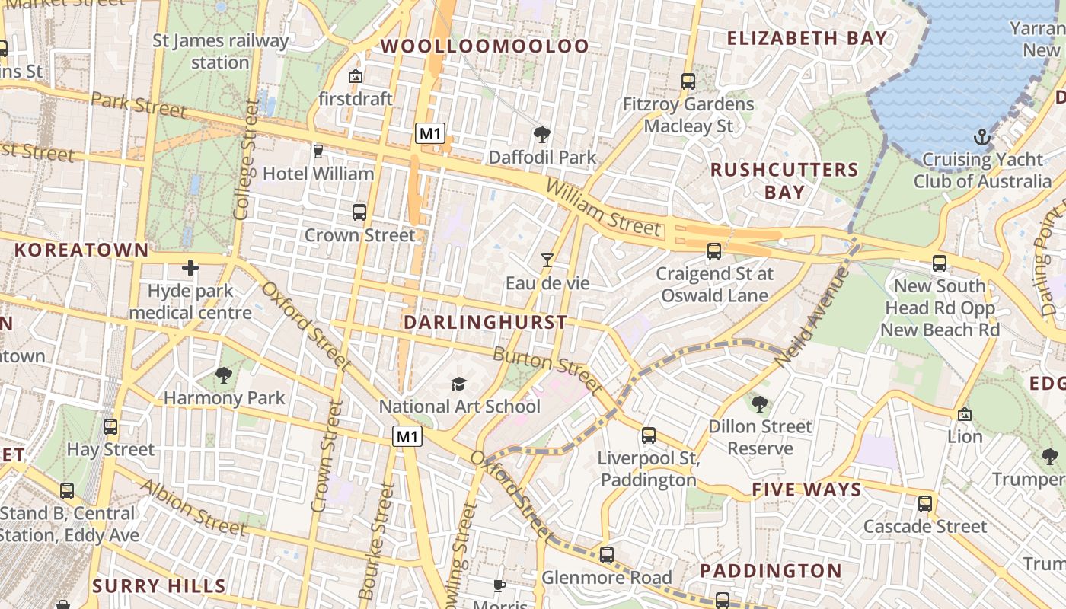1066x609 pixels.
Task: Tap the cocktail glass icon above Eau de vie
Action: (547, 260)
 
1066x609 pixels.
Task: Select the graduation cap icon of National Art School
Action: (458, 384)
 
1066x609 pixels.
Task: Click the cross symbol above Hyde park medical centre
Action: (190, 268)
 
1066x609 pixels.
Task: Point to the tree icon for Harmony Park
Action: (224, 375)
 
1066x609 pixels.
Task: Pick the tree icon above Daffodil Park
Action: (542, 135)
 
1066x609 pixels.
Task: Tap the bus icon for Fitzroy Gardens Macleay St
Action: (688, 81)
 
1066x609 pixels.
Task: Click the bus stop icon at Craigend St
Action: (714, 250)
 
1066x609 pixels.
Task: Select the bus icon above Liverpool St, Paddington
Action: (649, 435)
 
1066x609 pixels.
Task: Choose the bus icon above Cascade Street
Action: (925, 504)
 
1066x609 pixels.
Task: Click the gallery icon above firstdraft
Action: (355, 76)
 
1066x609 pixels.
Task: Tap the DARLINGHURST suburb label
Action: (486, 322)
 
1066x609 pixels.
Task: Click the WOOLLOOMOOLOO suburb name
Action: (485, 46)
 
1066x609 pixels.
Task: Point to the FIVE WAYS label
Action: (806, 489)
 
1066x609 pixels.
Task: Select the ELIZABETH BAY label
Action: (807, 38)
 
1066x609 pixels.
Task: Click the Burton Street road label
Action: (548, 366)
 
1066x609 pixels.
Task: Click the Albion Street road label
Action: (193, 507)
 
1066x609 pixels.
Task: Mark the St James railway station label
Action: (221, 51)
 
